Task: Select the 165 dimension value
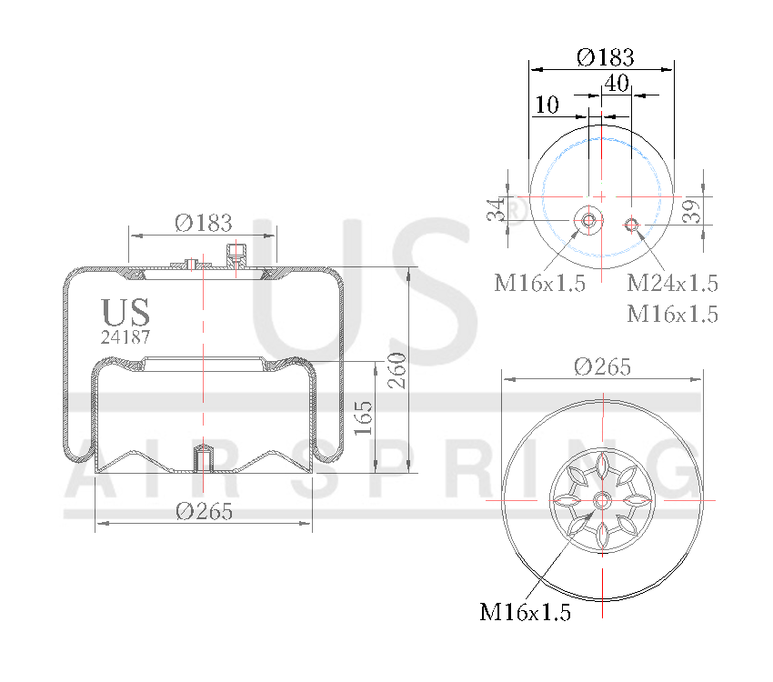363,417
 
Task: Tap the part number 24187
125,336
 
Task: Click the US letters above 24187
125,312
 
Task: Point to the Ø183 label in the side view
203,222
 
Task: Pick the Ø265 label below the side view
204,511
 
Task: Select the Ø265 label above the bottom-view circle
602,366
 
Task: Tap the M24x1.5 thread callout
673,283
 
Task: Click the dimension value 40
617,83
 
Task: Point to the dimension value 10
547,105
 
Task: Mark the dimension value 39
690,211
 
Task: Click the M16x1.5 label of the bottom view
526,613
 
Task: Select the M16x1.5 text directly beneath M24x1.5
673,315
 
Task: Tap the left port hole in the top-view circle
588,220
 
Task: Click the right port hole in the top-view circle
631,224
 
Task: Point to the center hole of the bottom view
602,500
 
